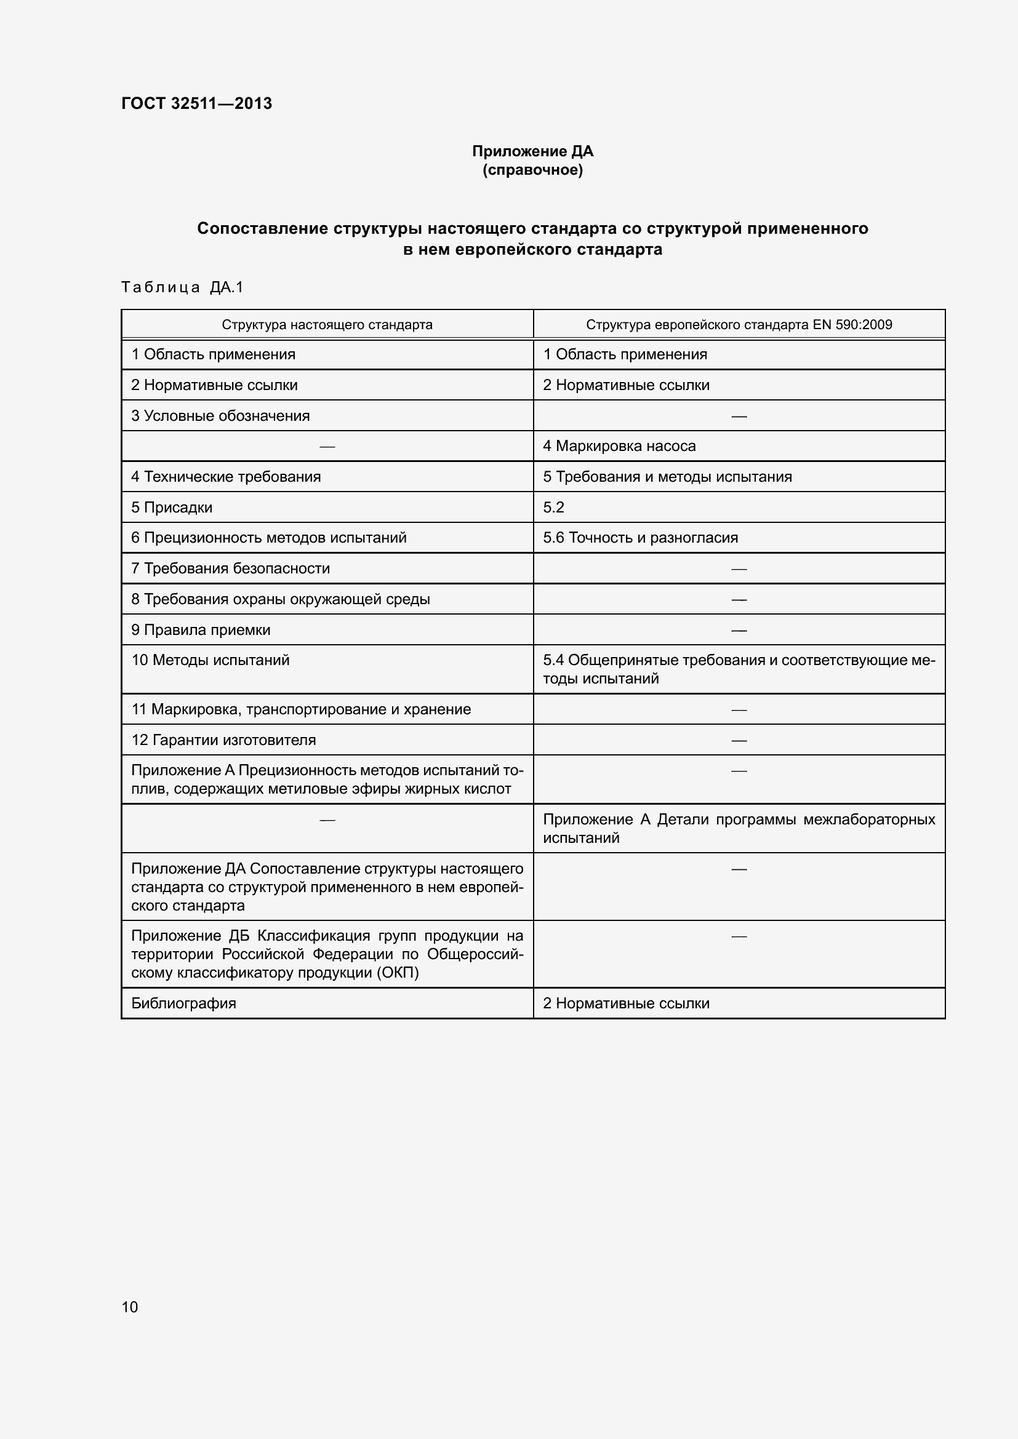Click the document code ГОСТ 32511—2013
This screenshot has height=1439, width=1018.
[x=196, y=103]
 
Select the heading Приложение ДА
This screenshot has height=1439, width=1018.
[x=532, y=151]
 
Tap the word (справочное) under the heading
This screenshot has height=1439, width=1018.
[x=532, y=170]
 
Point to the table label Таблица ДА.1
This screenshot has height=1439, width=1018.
[x=182, y=287]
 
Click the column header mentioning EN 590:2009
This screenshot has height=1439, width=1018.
[x=739, y=325]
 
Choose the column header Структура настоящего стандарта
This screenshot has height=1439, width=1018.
[x=327, y=325]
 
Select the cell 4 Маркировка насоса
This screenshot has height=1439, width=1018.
[x=619, y=446]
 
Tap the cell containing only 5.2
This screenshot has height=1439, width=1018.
[x=553, y=508]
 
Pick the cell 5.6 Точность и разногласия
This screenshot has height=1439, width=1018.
[x=640, y=538]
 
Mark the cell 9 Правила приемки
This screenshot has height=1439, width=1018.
[x=201, y=630]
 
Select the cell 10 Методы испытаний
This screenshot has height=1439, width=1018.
[x=210, y=660]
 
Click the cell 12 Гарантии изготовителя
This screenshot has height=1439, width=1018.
[x=223, y=740]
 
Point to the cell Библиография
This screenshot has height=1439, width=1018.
[x=183, y=1003]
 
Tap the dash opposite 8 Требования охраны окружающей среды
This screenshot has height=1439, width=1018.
[x=739, y=600]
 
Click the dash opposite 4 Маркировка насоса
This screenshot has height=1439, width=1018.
[x=327, y=447]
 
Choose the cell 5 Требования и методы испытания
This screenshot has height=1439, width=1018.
[x=667, y=477]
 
